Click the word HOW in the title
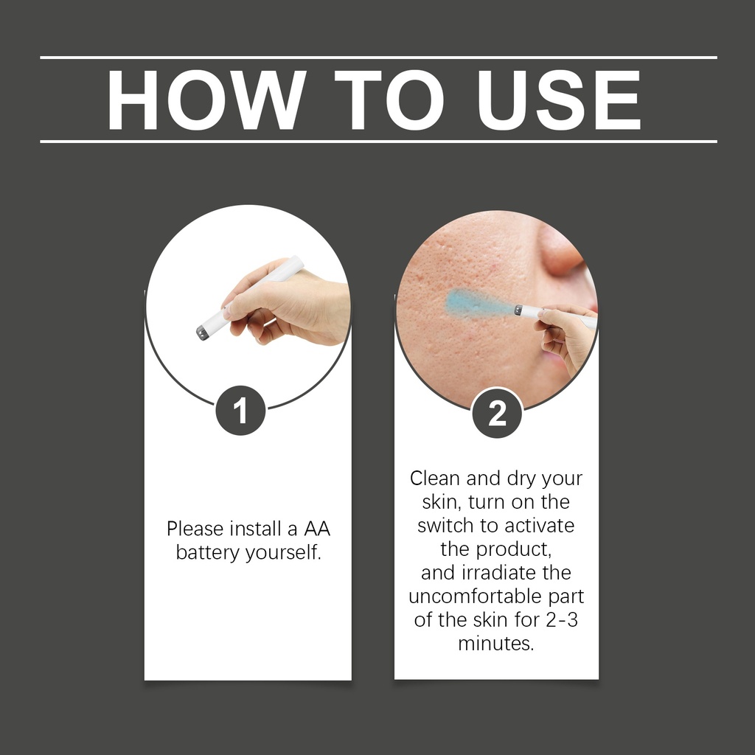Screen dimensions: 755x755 [206, 100]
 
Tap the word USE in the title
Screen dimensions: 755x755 [559, 100]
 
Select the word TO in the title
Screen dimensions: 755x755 [389, 100]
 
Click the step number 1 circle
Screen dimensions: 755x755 [240, 410]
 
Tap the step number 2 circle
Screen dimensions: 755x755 [497, 413]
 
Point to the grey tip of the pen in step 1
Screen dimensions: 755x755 [203, 333]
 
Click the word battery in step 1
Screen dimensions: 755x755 [207, 552]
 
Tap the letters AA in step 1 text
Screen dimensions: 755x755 [317, 529]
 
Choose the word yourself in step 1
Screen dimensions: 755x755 [283, 552]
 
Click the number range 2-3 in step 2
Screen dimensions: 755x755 [562, 619]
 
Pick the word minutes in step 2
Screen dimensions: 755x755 [496, 643]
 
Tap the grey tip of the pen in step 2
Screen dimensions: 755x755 [518, 310]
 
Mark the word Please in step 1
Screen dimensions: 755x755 [195, 529]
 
